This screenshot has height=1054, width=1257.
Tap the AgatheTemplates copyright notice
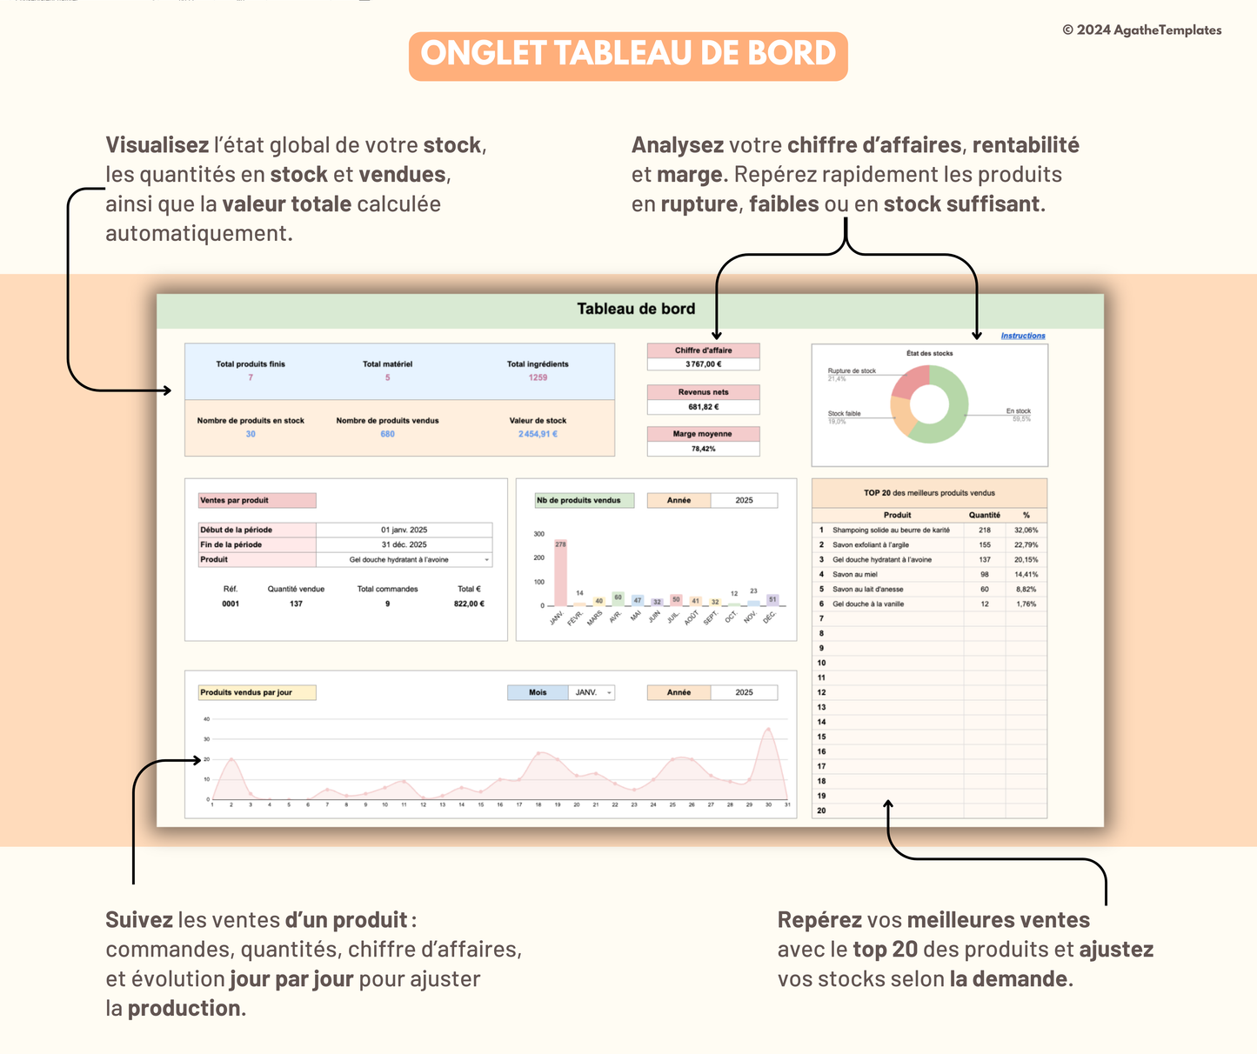[x=1141, y=30]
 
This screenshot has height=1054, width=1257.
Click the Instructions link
[x=1022, y=336]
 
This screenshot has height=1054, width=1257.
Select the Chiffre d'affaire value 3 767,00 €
[x=703, y=364]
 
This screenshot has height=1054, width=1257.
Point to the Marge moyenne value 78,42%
[x=703, y=449]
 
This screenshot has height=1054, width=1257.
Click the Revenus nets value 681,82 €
[x=703, y=407]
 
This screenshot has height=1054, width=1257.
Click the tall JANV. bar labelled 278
[x=560, y=574]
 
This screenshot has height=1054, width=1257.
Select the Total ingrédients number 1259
[x=538, y=377]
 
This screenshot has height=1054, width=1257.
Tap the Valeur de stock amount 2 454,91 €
[x=538, y=434]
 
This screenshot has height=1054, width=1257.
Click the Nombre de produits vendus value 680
[x=387, y=434]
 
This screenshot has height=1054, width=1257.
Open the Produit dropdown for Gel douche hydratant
[x=486, y=560]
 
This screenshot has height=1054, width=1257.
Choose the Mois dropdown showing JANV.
[x=592, y=693]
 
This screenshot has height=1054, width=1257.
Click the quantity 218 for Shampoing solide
[x=984, y=530]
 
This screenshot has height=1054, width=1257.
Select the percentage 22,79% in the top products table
[x=1026, y=545]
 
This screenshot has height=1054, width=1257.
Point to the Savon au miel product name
[x=854, y=575]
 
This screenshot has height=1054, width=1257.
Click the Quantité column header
[x=984, y=515]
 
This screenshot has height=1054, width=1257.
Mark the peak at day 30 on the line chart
[x=767, y=730]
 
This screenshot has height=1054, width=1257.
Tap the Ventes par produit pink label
[x=257, y=501]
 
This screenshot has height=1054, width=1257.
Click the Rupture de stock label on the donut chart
[x=851, y=371]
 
